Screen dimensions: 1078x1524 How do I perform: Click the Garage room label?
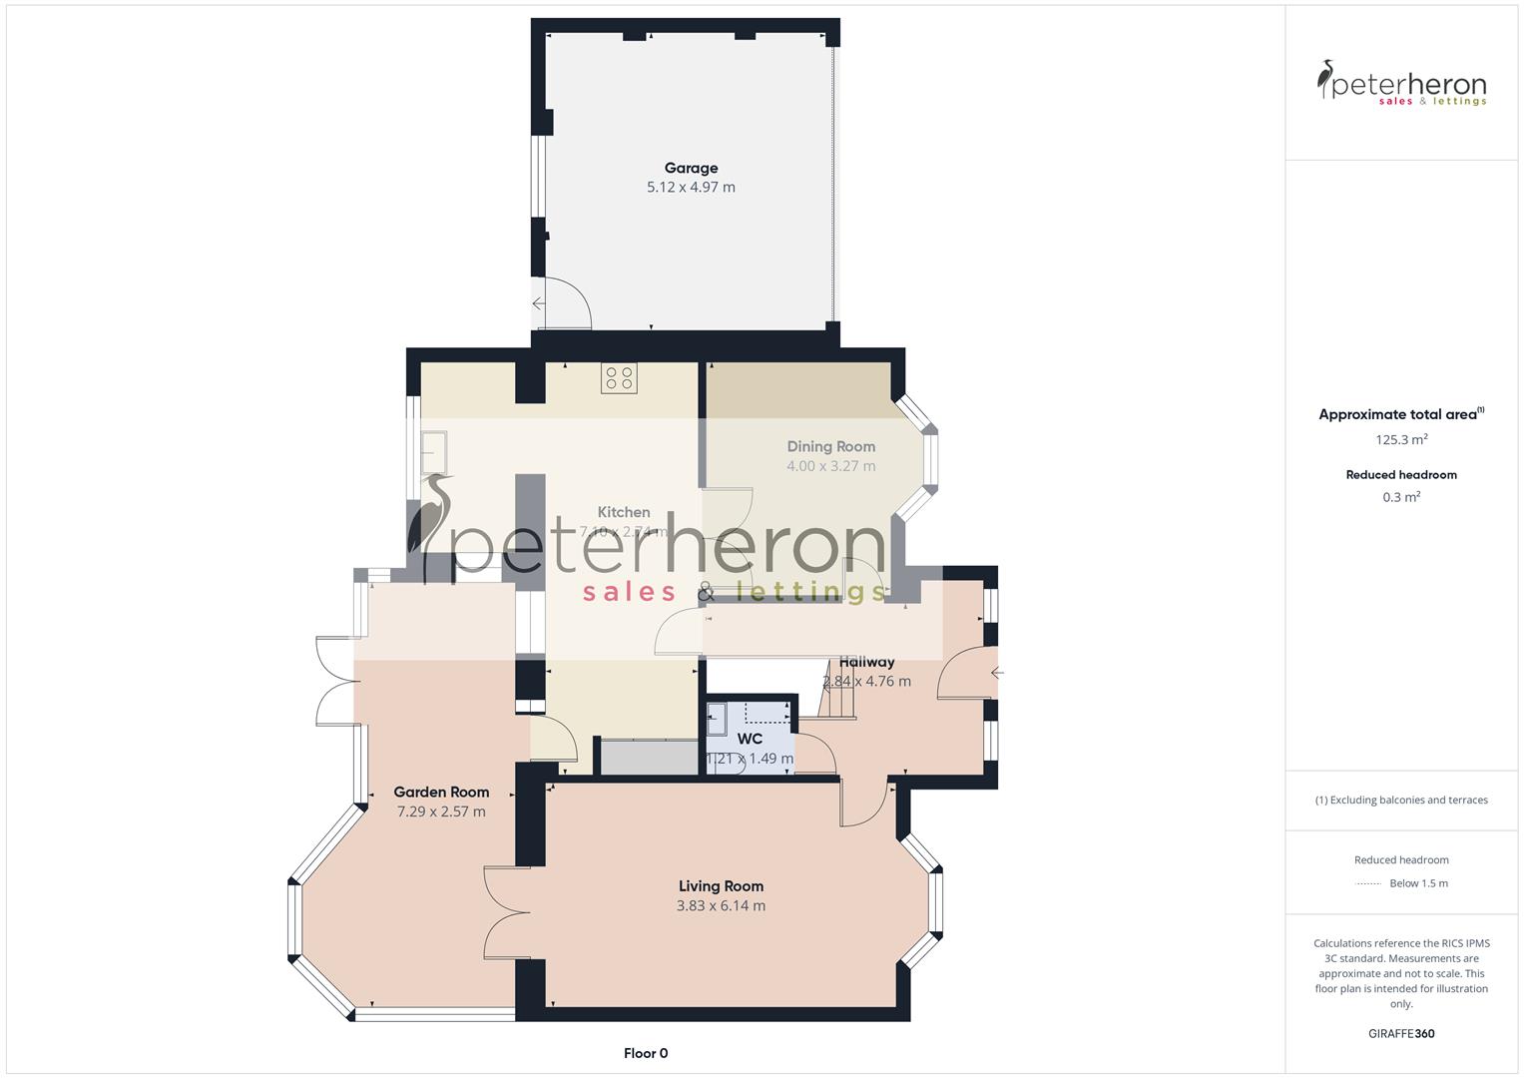click(691, 168)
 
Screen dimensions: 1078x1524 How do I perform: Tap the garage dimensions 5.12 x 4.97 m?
click(691, 188)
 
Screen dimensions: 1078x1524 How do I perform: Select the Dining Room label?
click(830, 446)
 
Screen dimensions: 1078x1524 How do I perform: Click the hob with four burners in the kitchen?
click(619, 378)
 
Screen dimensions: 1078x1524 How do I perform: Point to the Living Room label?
click(721, 885)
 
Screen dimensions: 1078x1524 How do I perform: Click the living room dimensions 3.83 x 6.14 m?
click(721, 906)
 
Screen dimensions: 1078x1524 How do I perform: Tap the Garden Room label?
click(441, 792)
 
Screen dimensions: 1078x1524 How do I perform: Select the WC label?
click(750, 739)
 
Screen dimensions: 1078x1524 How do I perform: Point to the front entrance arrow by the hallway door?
click(996, 673)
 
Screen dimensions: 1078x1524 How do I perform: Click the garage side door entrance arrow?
click(538, 303)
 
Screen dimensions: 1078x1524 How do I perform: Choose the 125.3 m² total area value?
click(1401, 439)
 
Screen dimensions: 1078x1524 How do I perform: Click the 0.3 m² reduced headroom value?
click(1401, 497)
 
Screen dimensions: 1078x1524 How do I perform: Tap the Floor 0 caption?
click(646, 1053)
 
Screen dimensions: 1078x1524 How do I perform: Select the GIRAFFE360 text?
click(1401, 1034)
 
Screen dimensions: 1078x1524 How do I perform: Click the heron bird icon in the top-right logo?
click(1326, 80)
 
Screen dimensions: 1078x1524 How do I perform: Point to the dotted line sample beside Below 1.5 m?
click(1368, 883)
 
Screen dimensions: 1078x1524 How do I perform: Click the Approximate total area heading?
click(1397, 415)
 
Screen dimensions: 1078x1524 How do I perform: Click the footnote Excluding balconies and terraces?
click(1401, 800)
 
